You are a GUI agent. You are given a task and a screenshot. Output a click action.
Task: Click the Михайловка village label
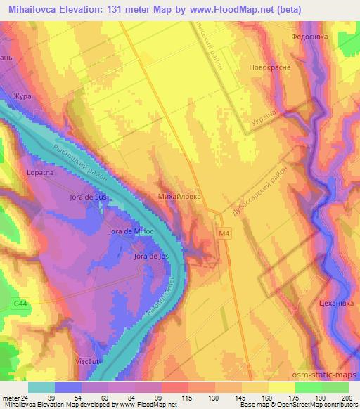[x=181, y=196]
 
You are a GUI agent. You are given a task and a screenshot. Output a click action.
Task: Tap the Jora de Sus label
[x=89, y=197]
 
